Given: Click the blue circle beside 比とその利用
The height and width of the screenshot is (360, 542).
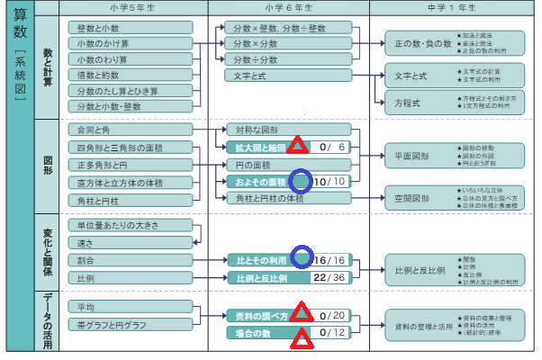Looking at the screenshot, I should pos(300,258).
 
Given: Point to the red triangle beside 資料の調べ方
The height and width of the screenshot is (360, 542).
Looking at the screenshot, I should pos(301,314).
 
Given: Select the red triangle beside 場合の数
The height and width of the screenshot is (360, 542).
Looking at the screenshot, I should pos(301,334).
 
